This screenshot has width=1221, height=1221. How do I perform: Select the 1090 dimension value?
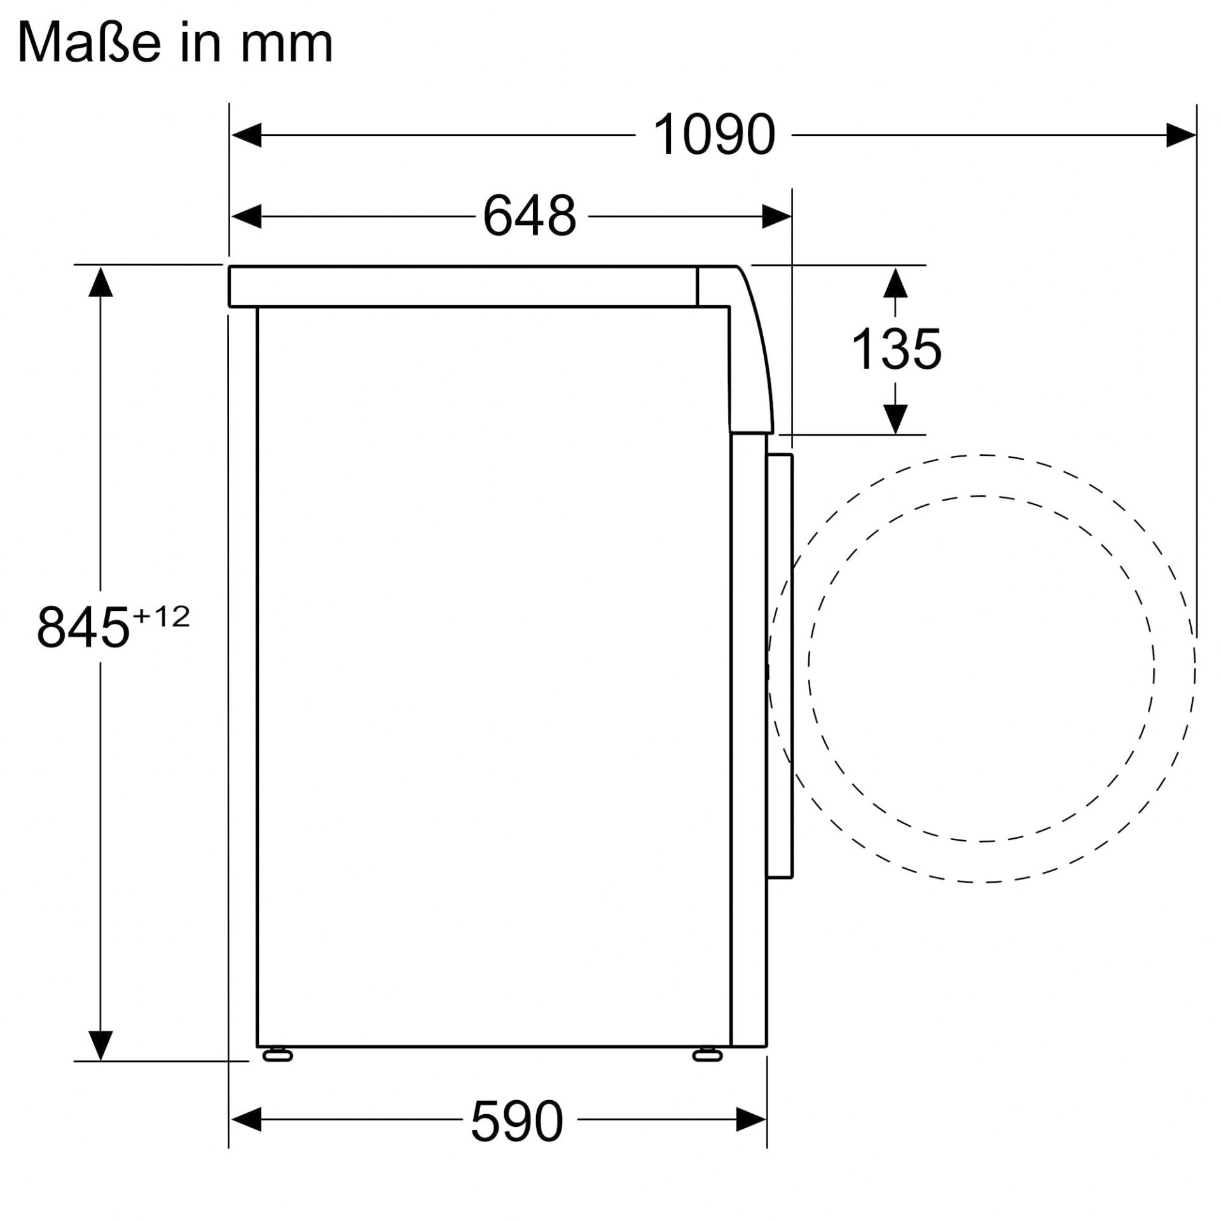point(714,135)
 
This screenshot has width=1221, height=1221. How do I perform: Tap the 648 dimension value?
point(529,216)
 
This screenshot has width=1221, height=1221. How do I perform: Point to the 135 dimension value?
point(895,349)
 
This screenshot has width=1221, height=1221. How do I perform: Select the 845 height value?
point(83,628)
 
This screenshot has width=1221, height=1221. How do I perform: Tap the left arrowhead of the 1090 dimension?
point(247,135)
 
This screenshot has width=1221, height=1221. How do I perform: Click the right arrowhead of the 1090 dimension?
point(1180,135)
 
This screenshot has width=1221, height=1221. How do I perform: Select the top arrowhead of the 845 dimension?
point(100,282)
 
